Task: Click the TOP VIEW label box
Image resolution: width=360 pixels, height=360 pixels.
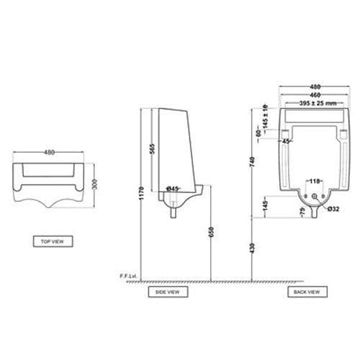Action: (53, 241)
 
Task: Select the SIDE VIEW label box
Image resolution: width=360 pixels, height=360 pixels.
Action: (167, 292)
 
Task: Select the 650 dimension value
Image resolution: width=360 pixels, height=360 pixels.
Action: (210, 233)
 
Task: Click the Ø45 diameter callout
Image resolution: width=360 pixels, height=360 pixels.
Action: (173, 189)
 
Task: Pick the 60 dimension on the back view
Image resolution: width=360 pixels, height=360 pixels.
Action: (258, 133)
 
